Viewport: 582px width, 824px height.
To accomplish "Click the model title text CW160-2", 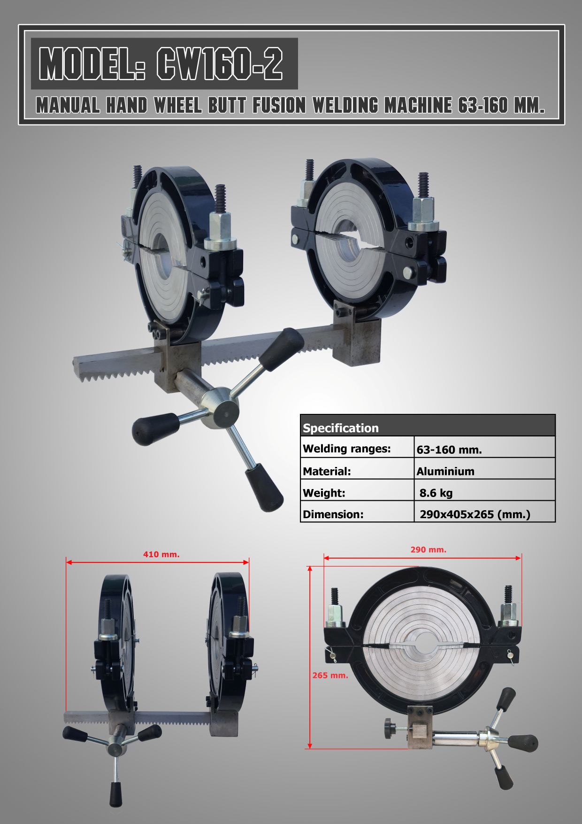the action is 220,64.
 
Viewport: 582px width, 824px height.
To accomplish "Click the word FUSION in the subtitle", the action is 279,106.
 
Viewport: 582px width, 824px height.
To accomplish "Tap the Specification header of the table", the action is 341,428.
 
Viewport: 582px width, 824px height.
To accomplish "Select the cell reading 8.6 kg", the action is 436,493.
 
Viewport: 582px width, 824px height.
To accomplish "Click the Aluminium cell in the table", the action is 445,471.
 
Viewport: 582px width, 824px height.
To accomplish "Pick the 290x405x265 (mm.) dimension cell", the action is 475,514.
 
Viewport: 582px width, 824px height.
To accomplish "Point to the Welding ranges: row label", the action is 347,449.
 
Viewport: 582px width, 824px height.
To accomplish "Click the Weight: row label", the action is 324,493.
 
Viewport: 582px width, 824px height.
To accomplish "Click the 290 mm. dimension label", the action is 429,549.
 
